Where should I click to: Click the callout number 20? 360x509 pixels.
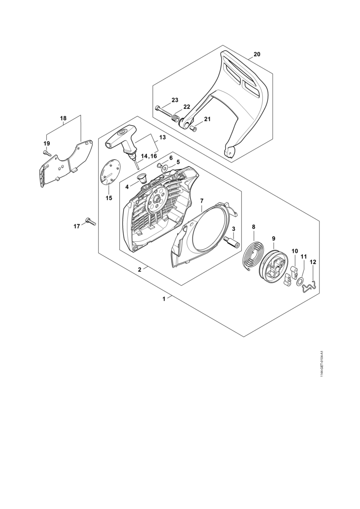(257, 54)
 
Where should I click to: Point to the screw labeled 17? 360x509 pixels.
(90, 221)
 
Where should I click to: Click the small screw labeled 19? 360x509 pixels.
(47, 153)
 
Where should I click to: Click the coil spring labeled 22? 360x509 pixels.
(176, 119)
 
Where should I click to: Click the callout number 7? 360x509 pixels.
(202, 200)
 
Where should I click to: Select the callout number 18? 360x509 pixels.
(63, 118)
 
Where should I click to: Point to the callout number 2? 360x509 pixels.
(139, 270)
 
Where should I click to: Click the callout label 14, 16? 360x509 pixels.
(148, 156)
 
